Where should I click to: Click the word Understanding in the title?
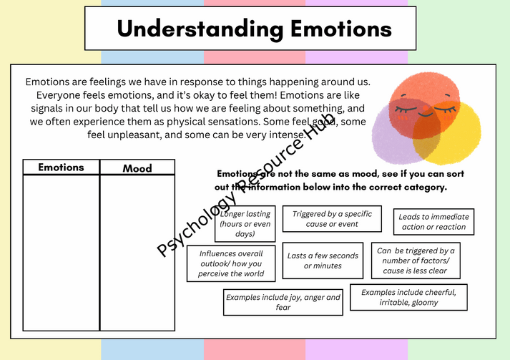(200, 29)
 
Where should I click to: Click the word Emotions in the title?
(341, 29)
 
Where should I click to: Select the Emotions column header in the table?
(61, 167)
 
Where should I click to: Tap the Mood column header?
(137, 168)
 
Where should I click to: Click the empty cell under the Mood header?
(137, 253)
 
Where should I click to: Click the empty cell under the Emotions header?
(61, 253)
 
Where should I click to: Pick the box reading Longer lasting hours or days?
(245, 223)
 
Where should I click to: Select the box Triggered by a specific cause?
(332, 219)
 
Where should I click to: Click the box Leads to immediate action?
(433, 222)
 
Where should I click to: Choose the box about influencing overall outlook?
(231, 263)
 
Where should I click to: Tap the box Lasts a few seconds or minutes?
(323, 261)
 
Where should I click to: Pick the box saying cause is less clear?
(416, 261)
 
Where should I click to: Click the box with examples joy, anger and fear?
(283, 302)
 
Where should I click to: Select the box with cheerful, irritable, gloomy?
(408, 297)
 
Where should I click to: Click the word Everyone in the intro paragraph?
(58, 95)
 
